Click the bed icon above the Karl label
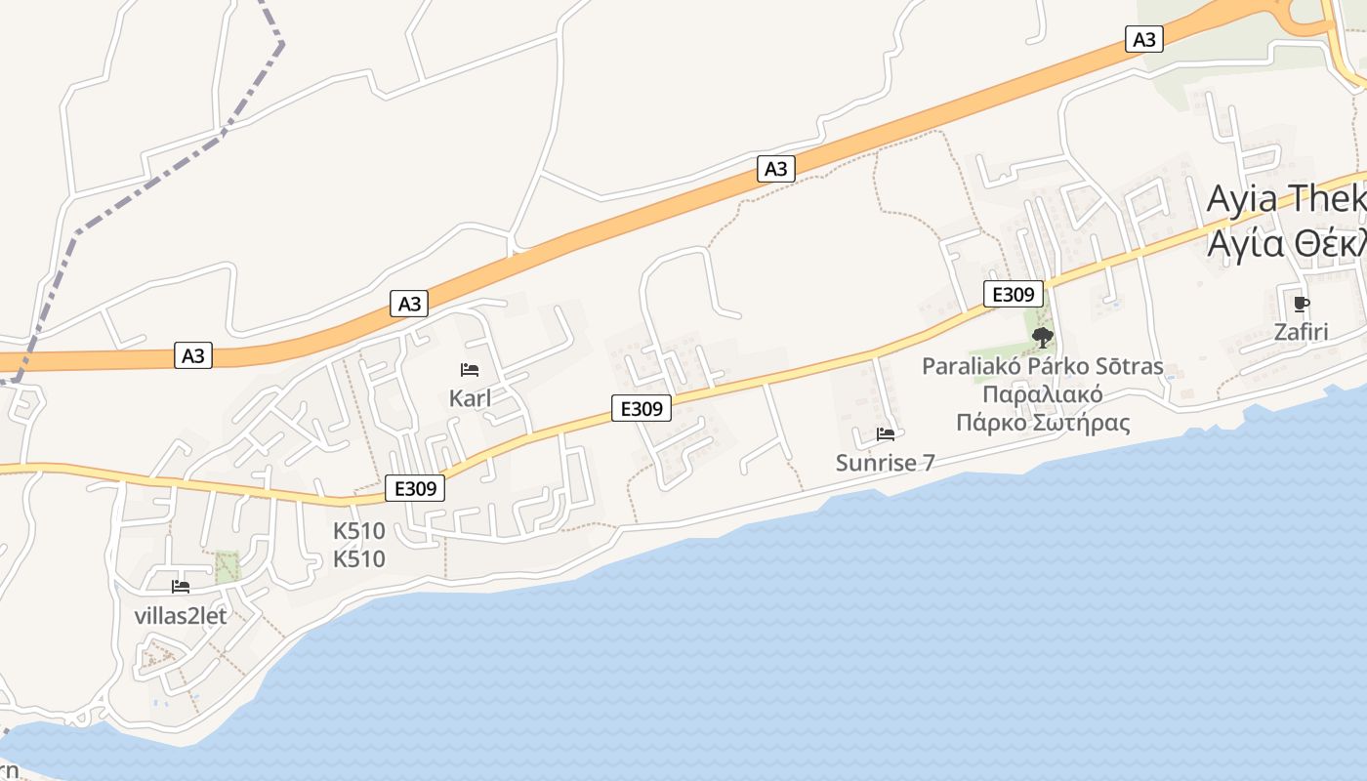tap(469, 370)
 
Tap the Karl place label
tap(470, 398)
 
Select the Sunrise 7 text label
tap(885, 463)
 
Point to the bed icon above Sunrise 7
tap(886, 434)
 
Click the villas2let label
tap(180, 616)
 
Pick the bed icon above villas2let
tap(181, 587)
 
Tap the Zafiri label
tap(1301, 332)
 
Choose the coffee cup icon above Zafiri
tap(1301, 304)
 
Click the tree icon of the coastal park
tap(1043, 338)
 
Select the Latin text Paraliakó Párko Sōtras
tap(1043, 367)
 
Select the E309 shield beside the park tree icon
tap(1014, 294)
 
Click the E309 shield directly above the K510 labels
tap(415, 488)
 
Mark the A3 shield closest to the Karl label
tap(410, 304)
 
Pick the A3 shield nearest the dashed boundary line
tap(193, 355)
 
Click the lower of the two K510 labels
tap(359, 559)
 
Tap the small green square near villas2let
tap(228, 567)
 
